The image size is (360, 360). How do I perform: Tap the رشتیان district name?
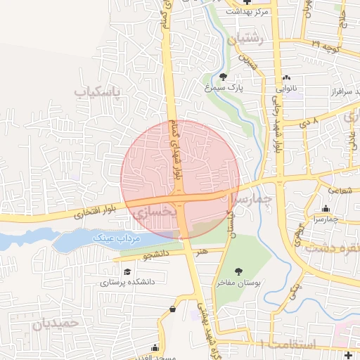pos(245,40)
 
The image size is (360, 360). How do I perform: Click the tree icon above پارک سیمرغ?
pos(224,77)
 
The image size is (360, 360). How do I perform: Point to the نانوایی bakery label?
pos(287,89)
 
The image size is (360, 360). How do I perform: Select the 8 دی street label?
pos(309,122)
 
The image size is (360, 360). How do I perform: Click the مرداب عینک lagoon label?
pos(117,239)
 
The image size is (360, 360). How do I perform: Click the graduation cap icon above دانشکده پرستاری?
pos(127,271)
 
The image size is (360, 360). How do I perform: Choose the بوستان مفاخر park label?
pos(238,282)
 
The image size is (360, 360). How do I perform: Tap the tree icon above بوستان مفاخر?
pos(238,271)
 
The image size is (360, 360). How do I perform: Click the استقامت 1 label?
pos(288,343)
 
